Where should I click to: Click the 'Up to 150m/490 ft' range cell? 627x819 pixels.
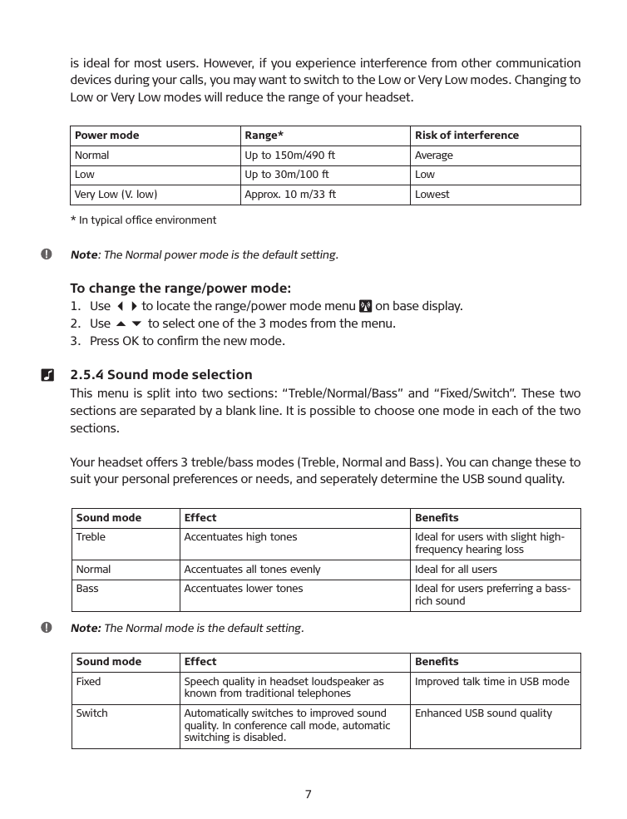pyautogui.click(x=289, y=155)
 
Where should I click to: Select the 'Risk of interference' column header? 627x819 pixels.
pyautogui.click(x=467, y=136)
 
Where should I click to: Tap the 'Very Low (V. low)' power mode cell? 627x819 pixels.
pyautogui.click(x=116, y=195)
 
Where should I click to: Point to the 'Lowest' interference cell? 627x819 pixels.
pyautogui.click(x=432, y=195)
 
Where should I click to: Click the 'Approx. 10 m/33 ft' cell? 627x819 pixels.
pyautogui.click(x=290, y=195)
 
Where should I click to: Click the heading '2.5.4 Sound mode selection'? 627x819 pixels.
pyautogui.click(x=161, y=374)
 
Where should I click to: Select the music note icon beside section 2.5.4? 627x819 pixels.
pyautogui.click(x=47, y=375)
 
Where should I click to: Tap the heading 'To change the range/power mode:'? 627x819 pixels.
pyautogui.click(x=180, y=289)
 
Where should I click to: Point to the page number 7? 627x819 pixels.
pyautogui.click(x=308, y=794)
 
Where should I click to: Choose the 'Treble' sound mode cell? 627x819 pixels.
pyautogui.click(x=91, y=537)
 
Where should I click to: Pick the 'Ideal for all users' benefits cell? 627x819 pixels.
pyautogui.click(x=456, y=570)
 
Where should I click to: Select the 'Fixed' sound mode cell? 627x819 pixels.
pyautogui.click(x=88, y=682)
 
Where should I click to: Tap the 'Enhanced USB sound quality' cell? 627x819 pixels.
pyautogui.click(x=483, y=713)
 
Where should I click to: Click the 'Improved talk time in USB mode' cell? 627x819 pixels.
pyautogui.click(x=492, y=682)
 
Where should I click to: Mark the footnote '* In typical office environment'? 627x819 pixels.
pyautogui.click(x=143, y=220)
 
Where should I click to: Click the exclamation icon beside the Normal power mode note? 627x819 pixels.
pyautogui.click(x=47, y=254)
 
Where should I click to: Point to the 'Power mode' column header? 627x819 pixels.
pyautogui.click(x=107, y=136)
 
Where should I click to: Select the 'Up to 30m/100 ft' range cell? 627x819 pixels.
pyautogui.click(x=287, y=175)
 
